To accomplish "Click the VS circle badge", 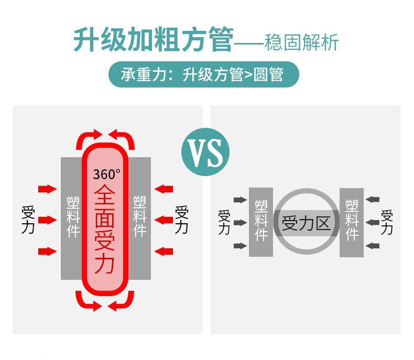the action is (205, 152).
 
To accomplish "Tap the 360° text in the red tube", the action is (107, 174).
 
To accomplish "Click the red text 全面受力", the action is (105, 229).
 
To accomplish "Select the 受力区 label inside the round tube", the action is (306, 223).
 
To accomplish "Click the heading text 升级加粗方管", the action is (154, 39).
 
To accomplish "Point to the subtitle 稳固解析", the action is (301, 42).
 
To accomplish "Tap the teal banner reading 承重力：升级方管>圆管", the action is (203, 74).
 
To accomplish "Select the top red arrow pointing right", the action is (48, 189).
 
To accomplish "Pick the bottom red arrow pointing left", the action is (164, 252).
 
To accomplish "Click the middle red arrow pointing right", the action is (48, 220).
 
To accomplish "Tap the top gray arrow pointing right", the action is (240, 200).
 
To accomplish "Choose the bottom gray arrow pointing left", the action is (373, 246).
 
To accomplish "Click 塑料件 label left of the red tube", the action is (73, 217).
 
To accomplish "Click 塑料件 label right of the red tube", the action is (139, 216).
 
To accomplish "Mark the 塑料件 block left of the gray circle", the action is (261, 222).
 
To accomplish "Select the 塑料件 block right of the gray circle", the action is (352, 223).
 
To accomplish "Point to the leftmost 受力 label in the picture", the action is (28, 220).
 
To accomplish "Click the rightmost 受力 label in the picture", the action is (387, 222).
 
